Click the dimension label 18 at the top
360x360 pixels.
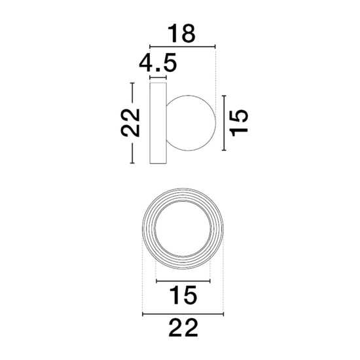tap(181, 33)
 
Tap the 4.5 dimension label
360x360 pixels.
tap(158, 62)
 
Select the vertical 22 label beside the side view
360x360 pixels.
tap(130, 123)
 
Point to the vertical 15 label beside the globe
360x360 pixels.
tap(239, 123)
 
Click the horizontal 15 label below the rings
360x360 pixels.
tap(183, 295)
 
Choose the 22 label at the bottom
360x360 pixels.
tap(183, 328)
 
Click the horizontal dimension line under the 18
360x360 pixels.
tap(183, 47)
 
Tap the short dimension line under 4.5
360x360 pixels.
tap(158, 78)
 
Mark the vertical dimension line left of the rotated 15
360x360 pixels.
tap(224, 123)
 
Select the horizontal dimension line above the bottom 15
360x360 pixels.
tap(183, 281)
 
